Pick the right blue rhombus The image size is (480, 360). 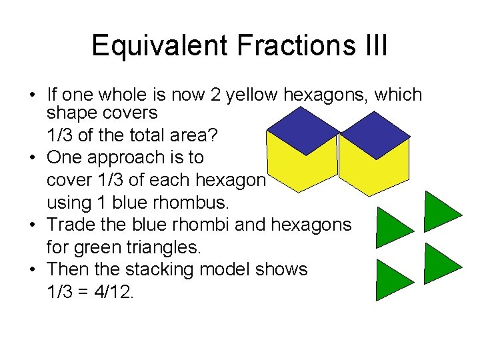374,135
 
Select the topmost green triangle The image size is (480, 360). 440,211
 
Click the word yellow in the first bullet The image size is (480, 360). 251,95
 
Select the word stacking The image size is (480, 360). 168,269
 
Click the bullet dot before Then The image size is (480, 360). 32,270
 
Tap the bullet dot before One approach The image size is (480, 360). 32,158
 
